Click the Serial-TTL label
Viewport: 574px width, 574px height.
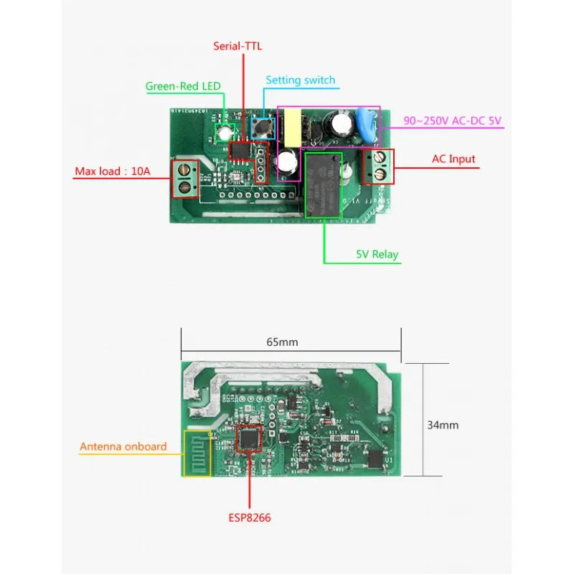pyautogui.click(x=238, y=46)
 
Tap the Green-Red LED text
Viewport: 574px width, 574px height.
pyautogui.click(x=183, y=86)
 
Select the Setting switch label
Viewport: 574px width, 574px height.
pyautogui.click(x=300, y=80)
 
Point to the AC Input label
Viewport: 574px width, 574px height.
pyautogui.click(x=453, y=159)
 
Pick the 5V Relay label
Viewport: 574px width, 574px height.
pyautogui.click(x=377, y=254)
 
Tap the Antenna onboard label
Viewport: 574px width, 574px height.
pyautogui.click(x=123, y=446)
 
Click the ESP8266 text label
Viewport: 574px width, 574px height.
pyautogui.click(x=250, y=517)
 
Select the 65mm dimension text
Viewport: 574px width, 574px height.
pyautogui.click(x=282, y=342)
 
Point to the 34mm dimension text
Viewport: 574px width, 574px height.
pyautogui.click(x=443, y=425)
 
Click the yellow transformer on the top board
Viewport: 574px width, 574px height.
pyautogui.click(x=295, y=126)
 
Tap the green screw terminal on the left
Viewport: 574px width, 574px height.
pyautogui.click(x=186, y=179)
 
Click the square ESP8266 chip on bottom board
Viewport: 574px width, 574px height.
pyautogui.click(x=250, y=439)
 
